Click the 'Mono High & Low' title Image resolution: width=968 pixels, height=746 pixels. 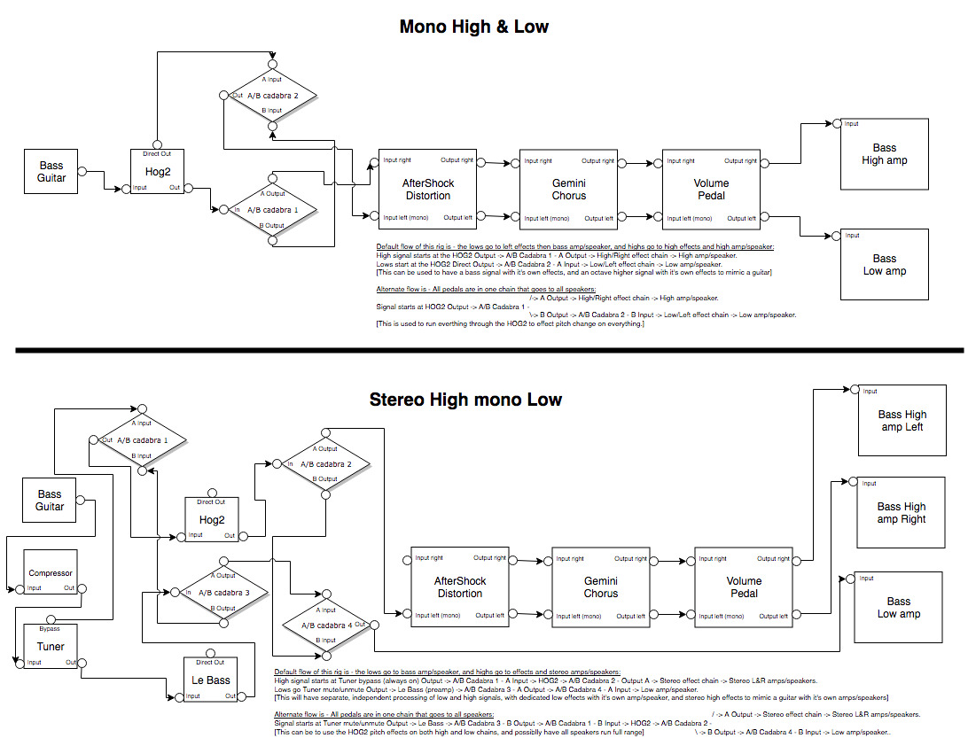click(473, 27)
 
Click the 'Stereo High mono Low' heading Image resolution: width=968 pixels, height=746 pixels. click(465, 400)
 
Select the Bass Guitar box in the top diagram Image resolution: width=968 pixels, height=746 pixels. click(51, 171)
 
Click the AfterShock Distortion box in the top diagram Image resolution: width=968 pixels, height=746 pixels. click(428, 189)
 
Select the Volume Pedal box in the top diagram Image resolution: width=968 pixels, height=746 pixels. click(710, 189)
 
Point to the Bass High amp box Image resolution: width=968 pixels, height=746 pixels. click(884, 154)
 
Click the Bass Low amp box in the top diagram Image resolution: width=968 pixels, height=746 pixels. click(884, 265)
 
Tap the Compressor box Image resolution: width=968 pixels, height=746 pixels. click(51, 573)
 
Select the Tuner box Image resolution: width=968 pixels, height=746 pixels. click(51, 646)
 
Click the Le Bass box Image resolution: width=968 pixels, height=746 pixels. click(210, 680)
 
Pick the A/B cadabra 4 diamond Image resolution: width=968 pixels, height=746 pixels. click(325, 625)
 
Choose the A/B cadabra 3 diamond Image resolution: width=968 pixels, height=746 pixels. click(223, 593)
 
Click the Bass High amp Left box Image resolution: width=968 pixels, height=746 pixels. click(902, 420)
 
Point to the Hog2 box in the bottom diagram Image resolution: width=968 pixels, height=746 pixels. click(212, 520)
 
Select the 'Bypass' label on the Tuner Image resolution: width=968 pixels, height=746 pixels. click(51, 629)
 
